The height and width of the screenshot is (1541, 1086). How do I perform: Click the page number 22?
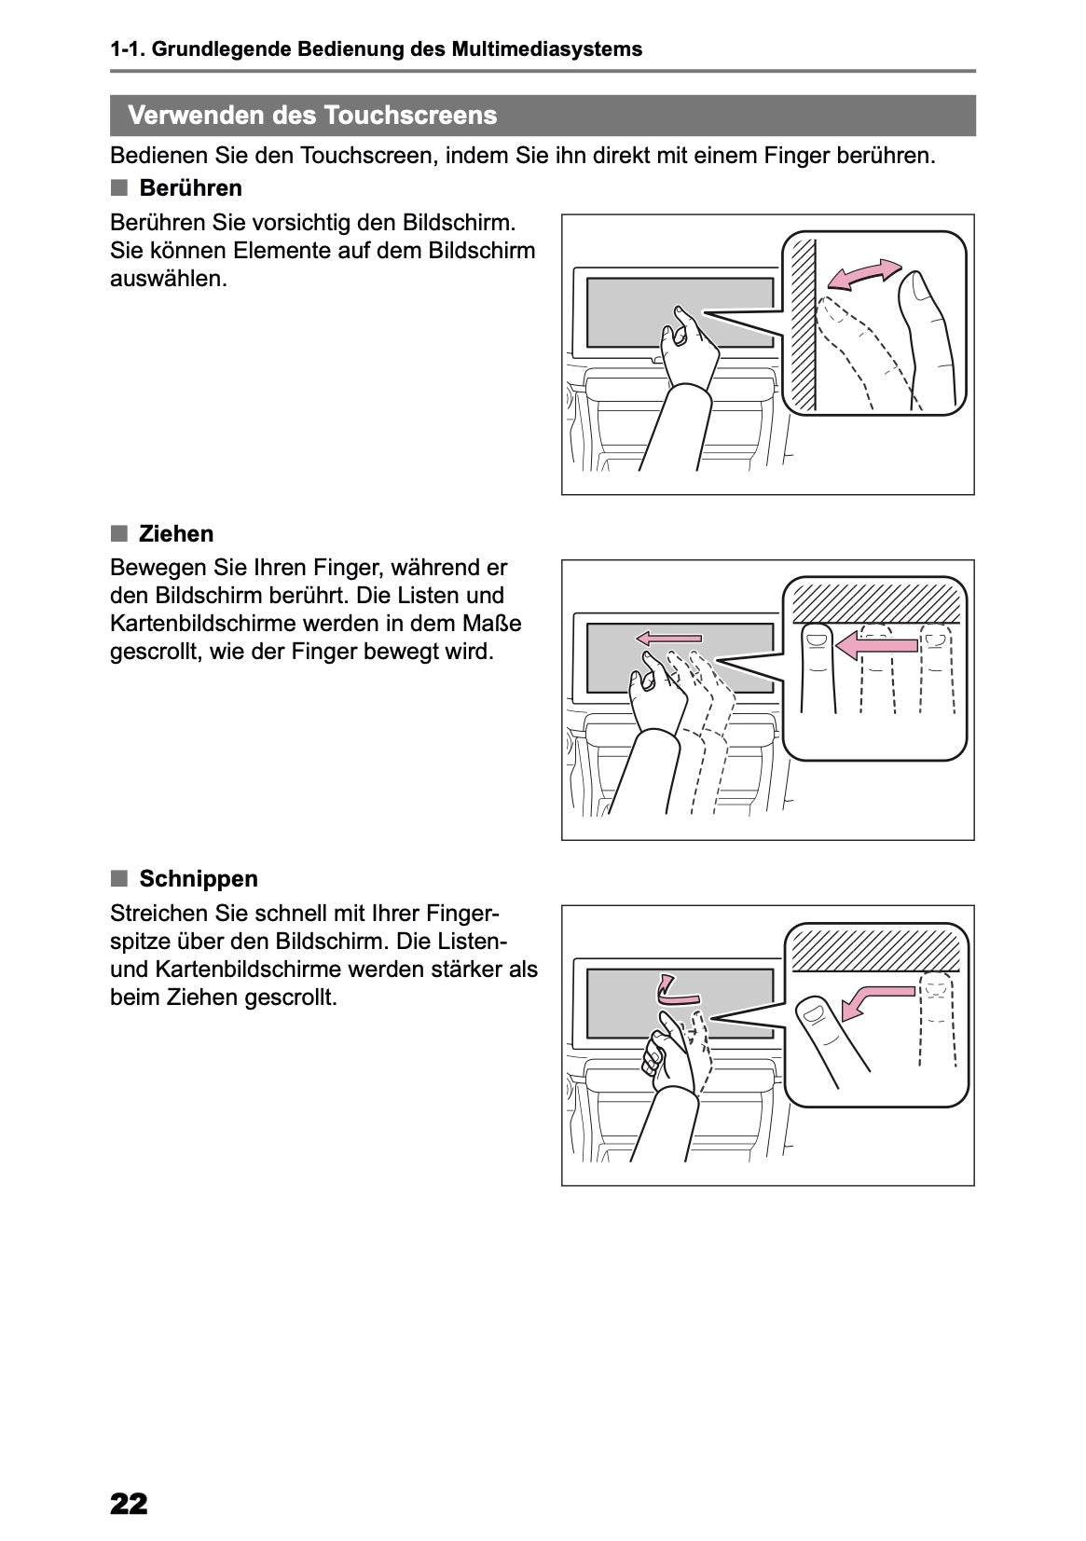129,1503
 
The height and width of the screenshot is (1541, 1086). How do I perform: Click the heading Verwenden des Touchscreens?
312,116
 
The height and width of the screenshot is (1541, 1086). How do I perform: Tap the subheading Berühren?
190,188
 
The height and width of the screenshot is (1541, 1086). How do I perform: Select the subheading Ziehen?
176,534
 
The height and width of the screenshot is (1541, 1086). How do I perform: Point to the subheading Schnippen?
199,879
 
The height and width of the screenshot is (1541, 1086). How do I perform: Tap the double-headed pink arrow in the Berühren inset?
865,273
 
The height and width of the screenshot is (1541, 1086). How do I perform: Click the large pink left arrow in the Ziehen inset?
875,644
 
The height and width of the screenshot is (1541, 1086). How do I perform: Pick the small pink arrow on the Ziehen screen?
668,638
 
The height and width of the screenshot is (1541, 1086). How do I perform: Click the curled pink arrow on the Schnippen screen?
666,988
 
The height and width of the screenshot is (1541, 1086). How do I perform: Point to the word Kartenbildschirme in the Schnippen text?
243,970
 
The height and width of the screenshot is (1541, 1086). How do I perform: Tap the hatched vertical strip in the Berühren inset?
801,322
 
